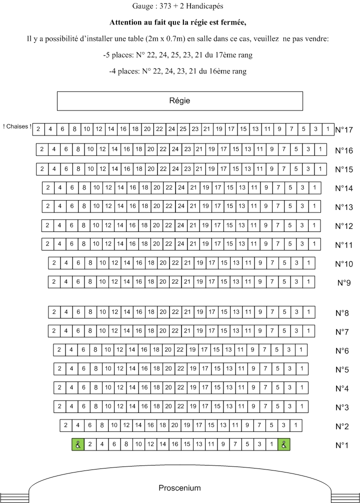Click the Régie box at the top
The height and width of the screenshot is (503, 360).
(179, 101)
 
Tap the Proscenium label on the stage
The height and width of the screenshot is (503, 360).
(179, 488)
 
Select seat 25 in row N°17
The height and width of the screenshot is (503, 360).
(183, 129)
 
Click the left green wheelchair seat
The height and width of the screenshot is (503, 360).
(78, 444)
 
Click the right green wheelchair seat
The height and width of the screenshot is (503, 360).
(284, 444)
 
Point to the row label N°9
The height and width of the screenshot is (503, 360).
(344, 283)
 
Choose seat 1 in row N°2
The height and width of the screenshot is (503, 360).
(295, 425)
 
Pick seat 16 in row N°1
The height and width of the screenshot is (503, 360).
(175, 444)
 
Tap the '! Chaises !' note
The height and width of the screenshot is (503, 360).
(17, 126)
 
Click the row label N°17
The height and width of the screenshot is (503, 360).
(344, 130)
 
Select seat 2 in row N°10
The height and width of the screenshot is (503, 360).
(54, 263)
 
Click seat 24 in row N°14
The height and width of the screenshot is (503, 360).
(181, 187)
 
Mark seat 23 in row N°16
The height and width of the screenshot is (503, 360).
(187, 149)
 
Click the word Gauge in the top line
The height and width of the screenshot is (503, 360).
(143, 6)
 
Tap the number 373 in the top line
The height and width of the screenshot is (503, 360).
(165, 6)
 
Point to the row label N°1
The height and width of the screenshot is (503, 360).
(342, 445)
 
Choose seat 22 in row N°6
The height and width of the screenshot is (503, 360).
(180, 349)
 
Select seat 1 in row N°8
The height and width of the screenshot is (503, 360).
(308, 312)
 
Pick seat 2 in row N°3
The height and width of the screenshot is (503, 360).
(59, 406)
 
